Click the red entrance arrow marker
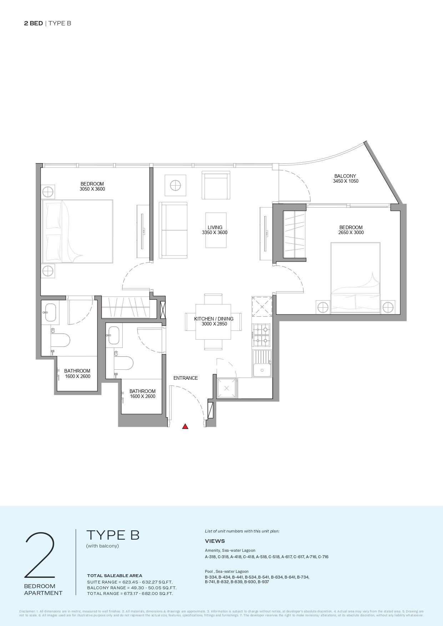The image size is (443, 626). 185,426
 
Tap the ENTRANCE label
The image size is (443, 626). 185,378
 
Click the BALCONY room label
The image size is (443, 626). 345,176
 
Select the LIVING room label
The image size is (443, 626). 215,227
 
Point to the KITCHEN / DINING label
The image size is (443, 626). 214,319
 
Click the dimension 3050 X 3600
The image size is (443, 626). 92,189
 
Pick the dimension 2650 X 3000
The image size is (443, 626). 351,233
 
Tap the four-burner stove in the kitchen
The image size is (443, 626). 262,335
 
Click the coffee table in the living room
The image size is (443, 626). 216,230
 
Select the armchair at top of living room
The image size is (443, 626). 216,186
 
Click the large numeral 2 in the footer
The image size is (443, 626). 40,555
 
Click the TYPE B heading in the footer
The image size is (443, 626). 113,535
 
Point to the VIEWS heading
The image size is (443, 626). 215,541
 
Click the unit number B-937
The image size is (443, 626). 263,582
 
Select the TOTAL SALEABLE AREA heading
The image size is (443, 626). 115,576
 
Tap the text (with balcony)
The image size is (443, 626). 102,546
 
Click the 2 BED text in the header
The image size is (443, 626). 34,24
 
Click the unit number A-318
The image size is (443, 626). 211,557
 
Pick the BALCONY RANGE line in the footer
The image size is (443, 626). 132,588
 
